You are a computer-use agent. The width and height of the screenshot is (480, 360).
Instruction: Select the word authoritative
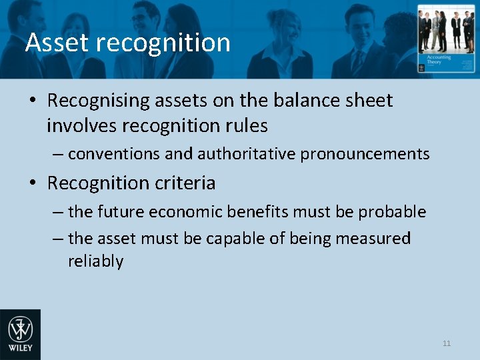246,154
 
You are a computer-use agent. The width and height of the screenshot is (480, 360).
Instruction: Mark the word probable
392,212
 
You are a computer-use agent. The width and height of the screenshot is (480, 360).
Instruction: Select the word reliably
95,261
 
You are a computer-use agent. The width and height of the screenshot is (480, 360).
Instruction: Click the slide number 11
447,343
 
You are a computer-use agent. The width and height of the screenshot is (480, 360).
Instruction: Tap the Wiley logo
20,334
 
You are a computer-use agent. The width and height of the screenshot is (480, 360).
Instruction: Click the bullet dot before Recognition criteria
33,183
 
